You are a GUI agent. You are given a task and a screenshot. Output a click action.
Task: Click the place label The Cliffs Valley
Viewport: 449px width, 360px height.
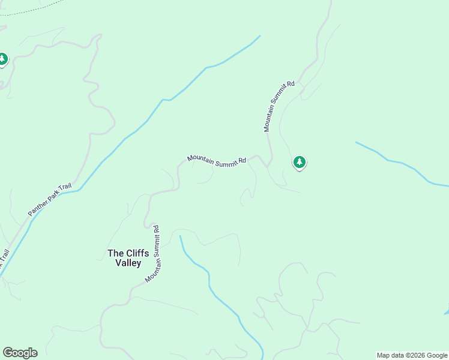tap(128, 258)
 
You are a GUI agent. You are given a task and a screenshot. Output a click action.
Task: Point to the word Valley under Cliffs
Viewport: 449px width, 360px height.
tap(128, 263)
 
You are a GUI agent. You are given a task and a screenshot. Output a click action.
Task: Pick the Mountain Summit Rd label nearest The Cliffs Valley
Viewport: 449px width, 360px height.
tap(154, 253)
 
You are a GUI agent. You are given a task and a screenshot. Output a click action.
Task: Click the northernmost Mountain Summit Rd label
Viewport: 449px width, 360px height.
tap(279, 106)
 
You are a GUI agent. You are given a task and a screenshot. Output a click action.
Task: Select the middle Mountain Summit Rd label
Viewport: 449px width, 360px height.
tap(216, 160)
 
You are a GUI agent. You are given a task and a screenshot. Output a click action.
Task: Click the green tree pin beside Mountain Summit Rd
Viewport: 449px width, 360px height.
tap(300, 162)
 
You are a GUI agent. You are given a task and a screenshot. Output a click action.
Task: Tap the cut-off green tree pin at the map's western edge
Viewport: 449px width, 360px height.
tap(2, 59)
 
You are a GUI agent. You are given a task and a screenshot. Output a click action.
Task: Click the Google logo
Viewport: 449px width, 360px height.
tap(20, 353)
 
